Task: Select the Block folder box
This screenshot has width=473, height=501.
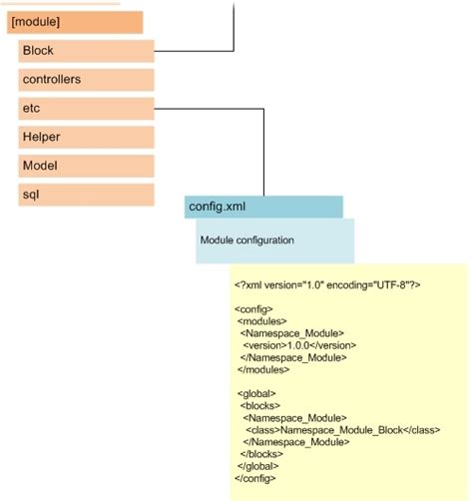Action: pyautogui.click(x=86, y=51)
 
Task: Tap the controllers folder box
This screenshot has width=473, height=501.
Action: pyautogui.click(x=86, y=79)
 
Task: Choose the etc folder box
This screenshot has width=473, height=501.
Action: pyautogui.click(x=86, y=108)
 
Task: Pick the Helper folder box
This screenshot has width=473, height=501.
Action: pyautogui.click(x=86, y=137)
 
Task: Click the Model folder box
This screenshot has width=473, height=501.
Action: pyautogui.click(x=86, y=166)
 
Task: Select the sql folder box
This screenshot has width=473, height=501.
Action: pyautogui.click(x=86, y=195)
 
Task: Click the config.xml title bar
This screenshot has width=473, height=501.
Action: pyautogui.click(x=263, y=208)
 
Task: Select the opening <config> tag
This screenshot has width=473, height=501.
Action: pyautogui.click(x=253, y=309)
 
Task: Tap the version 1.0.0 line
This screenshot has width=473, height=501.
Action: pyautogui.click(x=298, y=344)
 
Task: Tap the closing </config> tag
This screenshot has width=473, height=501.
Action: pyautogui.click(x=255, y=477)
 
